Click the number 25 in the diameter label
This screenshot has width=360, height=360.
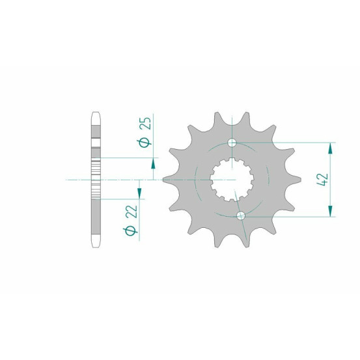[x=146, y=124]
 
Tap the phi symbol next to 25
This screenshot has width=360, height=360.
[x=145, y=143]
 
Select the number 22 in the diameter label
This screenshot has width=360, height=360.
[x=133, y=211]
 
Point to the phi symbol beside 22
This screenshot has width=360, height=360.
[x=131, y=230]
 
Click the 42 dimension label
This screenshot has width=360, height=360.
[x=323, y=180]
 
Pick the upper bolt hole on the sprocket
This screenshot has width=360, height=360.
[x=232, y=143]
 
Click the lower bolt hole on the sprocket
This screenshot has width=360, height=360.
[x=241, y=215]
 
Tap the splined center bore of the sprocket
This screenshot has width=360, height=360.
[x=232, y=180]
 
